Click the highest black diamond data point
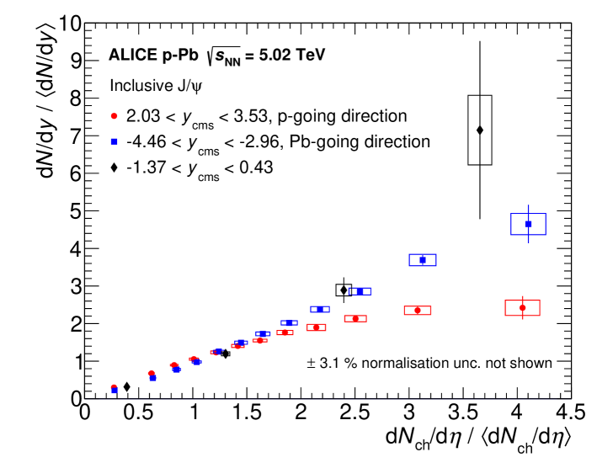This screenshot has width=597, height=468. (x=480, y=130)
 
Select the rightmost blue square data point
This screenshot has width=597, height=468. (x=528, y=224)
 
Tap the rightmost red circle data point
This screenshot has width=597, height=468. (x=522, y=308)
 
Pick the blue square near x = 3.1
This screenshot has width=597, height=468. (x=423, y=260)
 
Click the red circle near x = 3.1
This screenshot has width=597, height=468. (x=418, y=311)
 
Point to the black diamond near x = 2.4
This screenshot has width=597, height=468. (x=343, y=290)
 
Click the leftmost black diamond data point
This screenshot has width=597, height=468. (x=126, y=387)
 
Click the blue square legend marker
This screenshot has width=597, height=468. (x=114, y=141)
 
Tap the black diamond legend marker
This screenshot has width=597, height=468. (x=114, y=168)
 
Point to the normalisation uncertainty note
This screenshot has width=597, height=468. (x=429, y=364)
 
